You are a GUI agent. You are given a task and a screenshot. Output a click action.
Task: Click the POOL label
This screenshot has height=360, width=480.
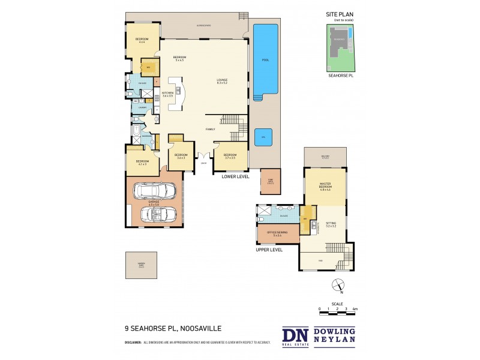pos(265,60)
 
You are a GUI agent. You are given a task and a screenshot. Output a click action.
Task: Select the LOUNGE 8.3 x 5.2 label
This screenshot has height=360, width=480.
pos(222,81)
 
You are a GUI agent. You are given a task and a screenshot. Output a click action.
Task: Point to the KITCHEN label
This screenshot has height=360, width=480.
pos(167,94)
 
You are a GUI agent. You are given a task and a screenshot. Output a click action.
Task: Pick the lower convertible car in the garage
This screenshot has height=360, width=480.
pos(158,215)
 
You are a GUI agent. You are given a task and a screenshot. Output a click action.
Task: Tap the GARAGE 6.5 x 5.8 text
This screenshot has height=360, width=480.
pos(154,204)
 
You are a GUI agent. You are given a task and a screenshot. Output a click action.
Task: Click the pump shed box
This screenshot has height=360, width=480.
pos(266,181)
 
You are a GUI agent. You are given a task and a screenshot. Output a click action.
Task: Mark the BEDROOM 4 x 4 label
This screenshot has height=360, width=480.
pos(142,41)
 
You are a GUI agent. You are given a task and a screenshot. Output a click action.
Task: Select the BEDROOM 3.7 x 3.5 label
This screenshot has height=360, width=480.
pos(230,156)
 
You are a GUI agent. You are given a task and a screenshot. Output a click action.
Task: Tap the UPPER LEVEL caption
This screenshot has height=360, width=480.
pos(269,250)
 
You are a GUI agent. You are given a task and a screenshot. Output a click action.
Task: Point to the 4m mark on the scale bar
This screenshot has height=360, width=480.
pos(355,309)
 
